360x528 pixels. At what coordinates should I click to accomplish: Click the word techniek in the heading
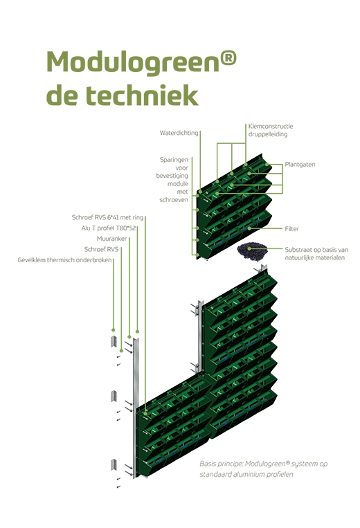(141, 95)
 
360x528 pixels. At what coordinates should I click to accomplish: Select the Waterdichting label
(179, 133)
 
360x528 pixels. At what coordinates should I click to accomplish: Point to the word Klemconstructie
(271, 126)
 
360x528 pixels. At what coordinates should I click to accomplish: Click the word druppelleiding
(268, 134)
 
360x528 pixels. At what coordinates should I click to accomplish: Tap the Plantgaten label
(300, 165)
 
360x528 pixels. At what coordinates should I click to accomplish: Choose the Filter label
(291, 229)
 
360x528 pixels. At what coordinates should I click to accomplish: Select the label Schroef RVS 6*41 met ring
(108, 217)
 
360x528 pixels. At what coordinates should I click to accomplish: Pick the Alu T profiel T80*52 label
(109, 228)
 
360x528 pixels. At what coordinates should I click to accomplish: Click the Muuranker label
(111, 239)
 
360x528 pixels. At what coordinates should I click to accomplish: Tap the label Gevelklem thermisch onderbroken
(64, 260)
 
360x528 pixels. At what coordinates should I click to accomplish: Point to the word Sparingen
(174, 160)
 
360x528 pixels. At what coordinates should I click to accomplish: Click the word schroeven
(174, 200)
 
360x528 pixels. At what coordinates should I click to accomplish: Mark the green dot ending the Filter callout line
(249, 228)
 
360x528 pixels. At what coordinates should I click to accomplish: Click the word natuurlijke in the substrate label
(300, 258)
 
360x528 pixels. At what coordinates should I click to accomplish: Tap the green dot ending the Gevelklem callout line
(113, 330)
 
